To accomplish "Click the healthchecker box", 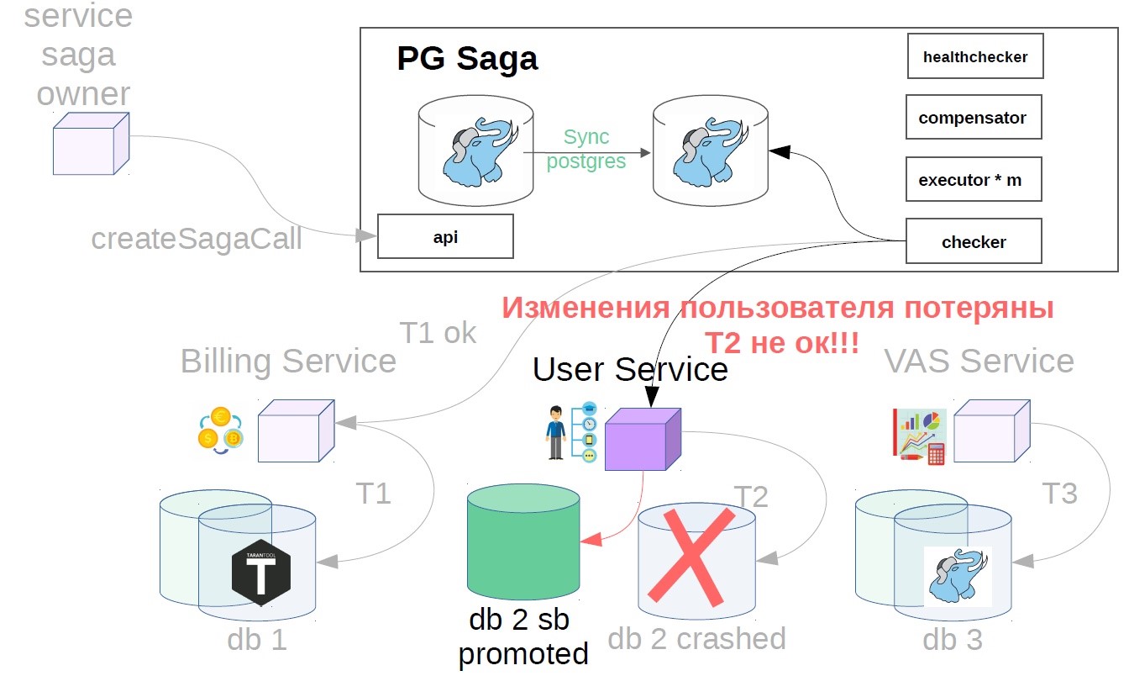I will point(974,56).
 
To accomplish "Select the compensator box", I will point(973,117).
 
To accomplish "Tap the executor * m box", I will point(973,179).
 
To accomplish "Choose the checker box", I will point(974,241).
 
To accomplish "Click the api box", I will point(445,236).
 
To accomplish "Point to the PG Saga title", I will point(467,59).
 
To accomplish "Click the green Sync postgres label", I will point(586,149).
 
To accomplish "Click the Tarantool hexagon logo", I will point(261,572).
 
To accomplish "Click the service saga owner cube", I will point(91,144).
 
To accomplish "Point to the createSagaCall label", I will point(197,239).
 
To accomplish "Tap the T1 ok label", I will point(437,333).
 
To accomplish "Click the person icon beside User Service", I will point(555,432).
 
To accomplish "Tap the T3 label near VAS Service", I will point(1058,494).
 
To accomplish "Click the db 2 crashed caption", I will point(696,639).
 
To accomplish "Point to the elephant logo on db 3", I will point(958,575).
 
